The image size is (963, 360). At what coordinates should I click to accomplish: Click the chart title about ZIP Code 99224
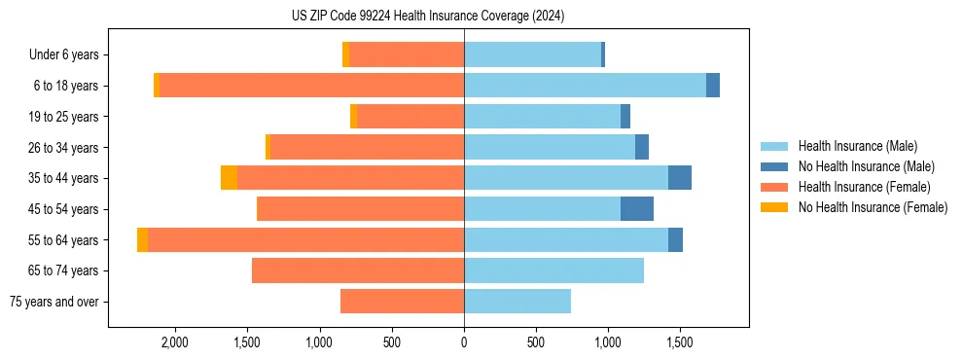[x=428, y=16]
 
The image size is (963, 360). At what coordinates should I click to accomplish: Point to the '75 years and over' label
[x=54, y=302]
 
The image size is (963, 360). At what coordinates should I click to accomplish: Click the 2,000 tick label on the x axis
[x=174, y=342]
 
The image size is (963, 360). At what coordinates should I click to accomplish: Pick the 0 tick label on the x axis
[x=464, y=342]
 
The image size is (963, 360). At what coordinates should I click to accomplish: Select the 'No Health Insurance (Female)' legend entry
[x=873, y=207]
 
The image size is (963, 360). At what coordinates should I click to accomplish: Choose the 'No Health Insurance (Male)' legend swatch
[x=775, y=166]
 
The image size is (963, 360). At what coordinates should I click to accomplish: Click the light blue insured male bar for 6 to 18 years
[x=585, y=86]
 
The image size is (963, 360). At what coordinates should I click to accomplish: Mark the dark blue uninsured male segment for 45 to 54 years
[x=637, y=209]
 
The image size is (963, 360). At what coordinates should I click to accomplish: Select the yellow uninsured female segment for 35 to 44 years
[x=229, y=178]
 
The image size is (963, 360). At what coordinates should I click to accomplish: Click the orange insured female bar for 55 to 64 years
[x=305, y=240]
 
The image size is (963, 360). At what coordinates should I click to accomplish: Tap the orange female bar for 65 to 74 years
[x=358, y=270]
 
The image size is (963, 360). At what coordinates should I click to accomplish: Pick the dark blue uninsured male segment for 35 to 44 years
[x=680, y=178]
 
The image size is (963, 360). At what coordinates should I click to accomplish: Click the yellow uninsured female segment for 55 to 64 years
[x=143, y=240]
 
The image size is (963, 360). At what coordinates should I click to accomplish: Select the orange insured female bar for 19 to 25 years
[x=410, y=117]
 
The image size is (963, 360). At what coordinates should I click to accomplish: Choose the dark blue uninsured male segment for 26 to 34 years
[x=642, y=147]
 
